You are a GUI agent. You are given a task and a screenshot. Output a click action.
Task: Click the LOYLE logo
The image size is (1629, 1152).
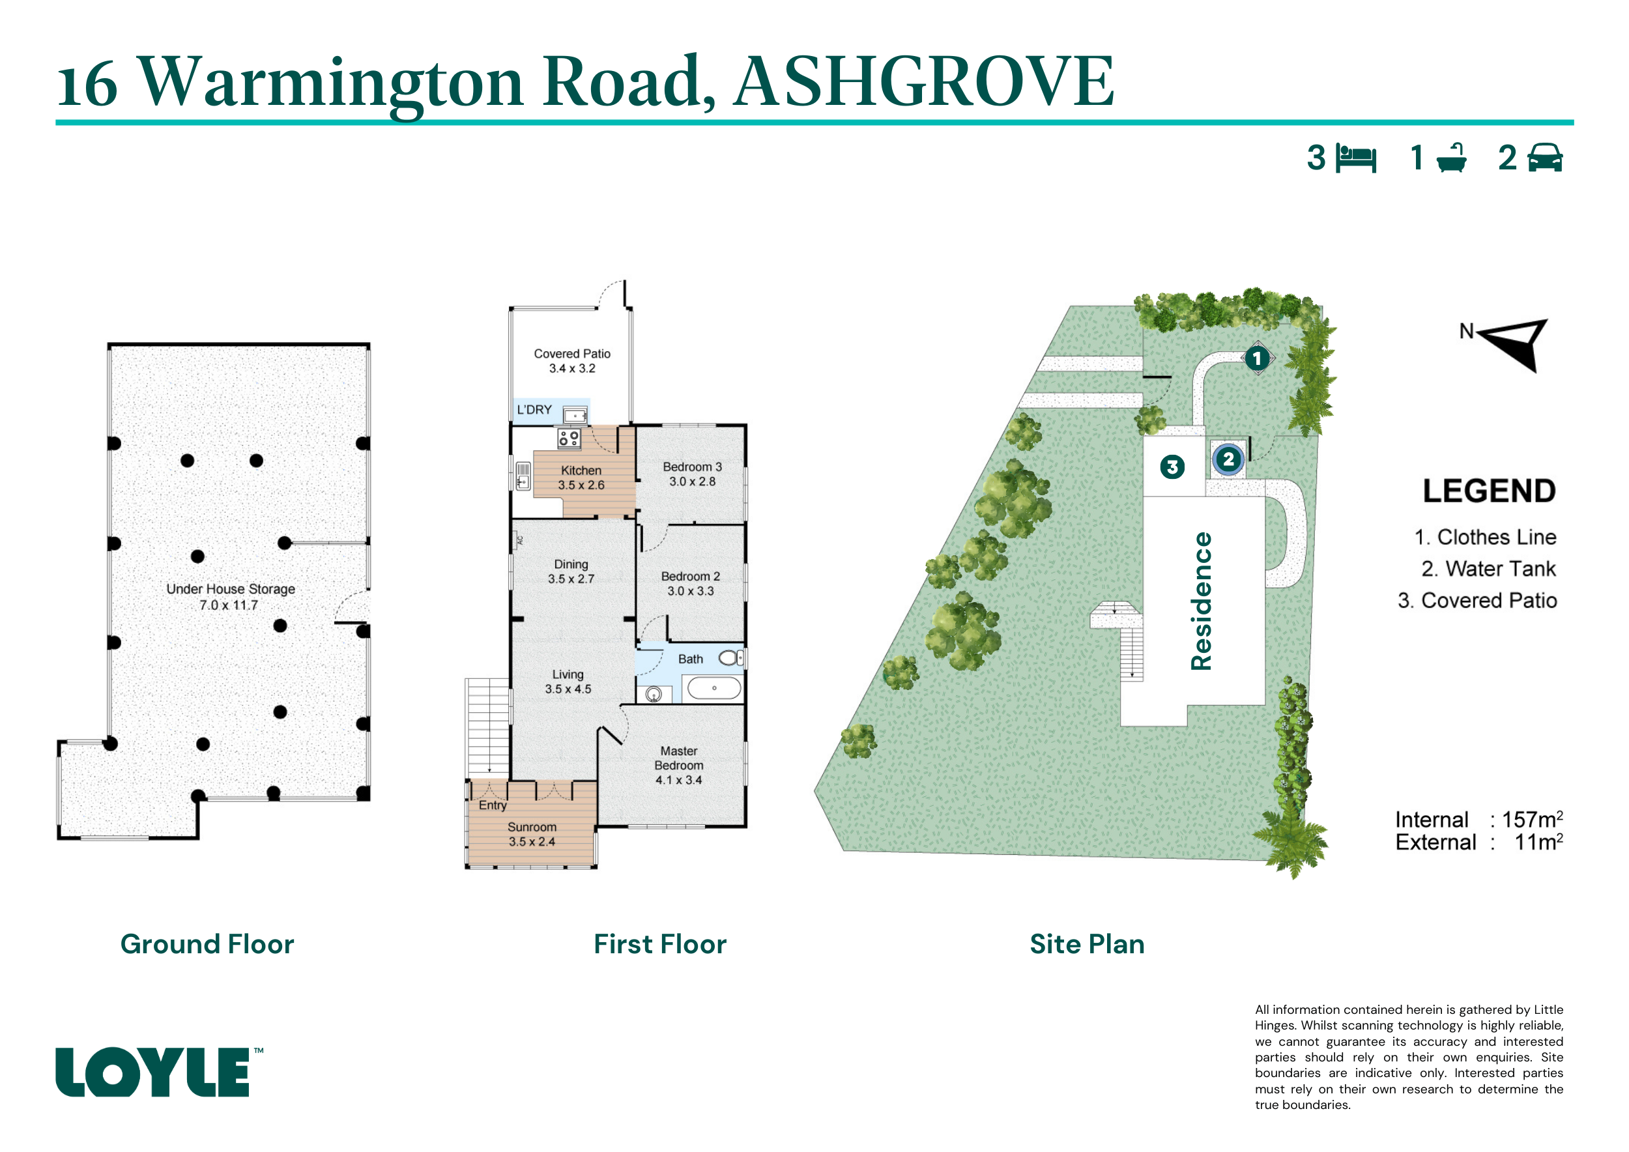tap(158, 1071)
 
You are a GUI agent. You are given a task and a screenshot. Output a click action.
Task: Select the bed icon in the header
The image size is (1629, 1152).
tap(1356, 158)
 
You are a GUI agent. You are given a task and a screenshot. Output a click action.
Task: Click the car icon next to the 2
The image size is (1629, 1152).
tap(1544, 158)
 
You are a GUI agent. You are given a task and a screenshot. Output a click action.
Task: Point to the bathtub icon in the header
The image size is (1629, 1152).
tap(1452, 158)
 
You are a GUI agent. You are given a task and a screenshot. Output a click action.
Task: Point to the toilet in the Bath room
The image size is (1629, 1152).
tap(730, 658)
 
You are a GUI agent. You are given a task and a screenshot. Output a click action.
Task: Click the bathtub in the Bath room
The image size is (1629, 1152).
tap(714, 688)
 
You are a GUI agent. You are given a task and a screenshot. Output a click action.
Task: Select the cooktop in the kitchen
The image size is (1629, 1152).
tap(568, 439)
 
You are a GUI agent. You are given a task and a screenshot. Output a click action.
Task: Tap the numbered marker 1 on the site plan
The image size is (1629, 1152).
tap(1257, 358)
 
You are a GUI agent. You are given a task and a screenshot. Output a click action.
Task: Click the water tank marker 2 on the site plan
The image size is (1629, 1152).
tap(1228, 459)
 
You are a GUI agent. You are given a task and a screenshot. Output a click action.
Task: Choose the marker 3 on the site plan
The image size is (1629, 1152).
tap(1172, 467)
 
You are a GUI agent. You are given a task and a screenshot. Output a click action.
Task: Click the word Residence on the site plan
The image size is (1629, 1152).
tap(1201, 601)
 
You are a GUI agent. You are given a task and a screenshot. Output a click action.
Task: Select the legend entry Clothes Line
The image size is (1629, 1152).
tap(1486, 537)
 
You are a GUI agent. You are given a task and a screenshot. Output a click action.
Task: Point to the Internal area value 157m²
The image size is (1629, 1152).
tap(1533, 819)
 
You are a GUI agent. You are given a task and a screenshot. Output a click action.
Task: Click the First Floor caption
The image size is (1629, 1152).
tap(661, 944)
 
